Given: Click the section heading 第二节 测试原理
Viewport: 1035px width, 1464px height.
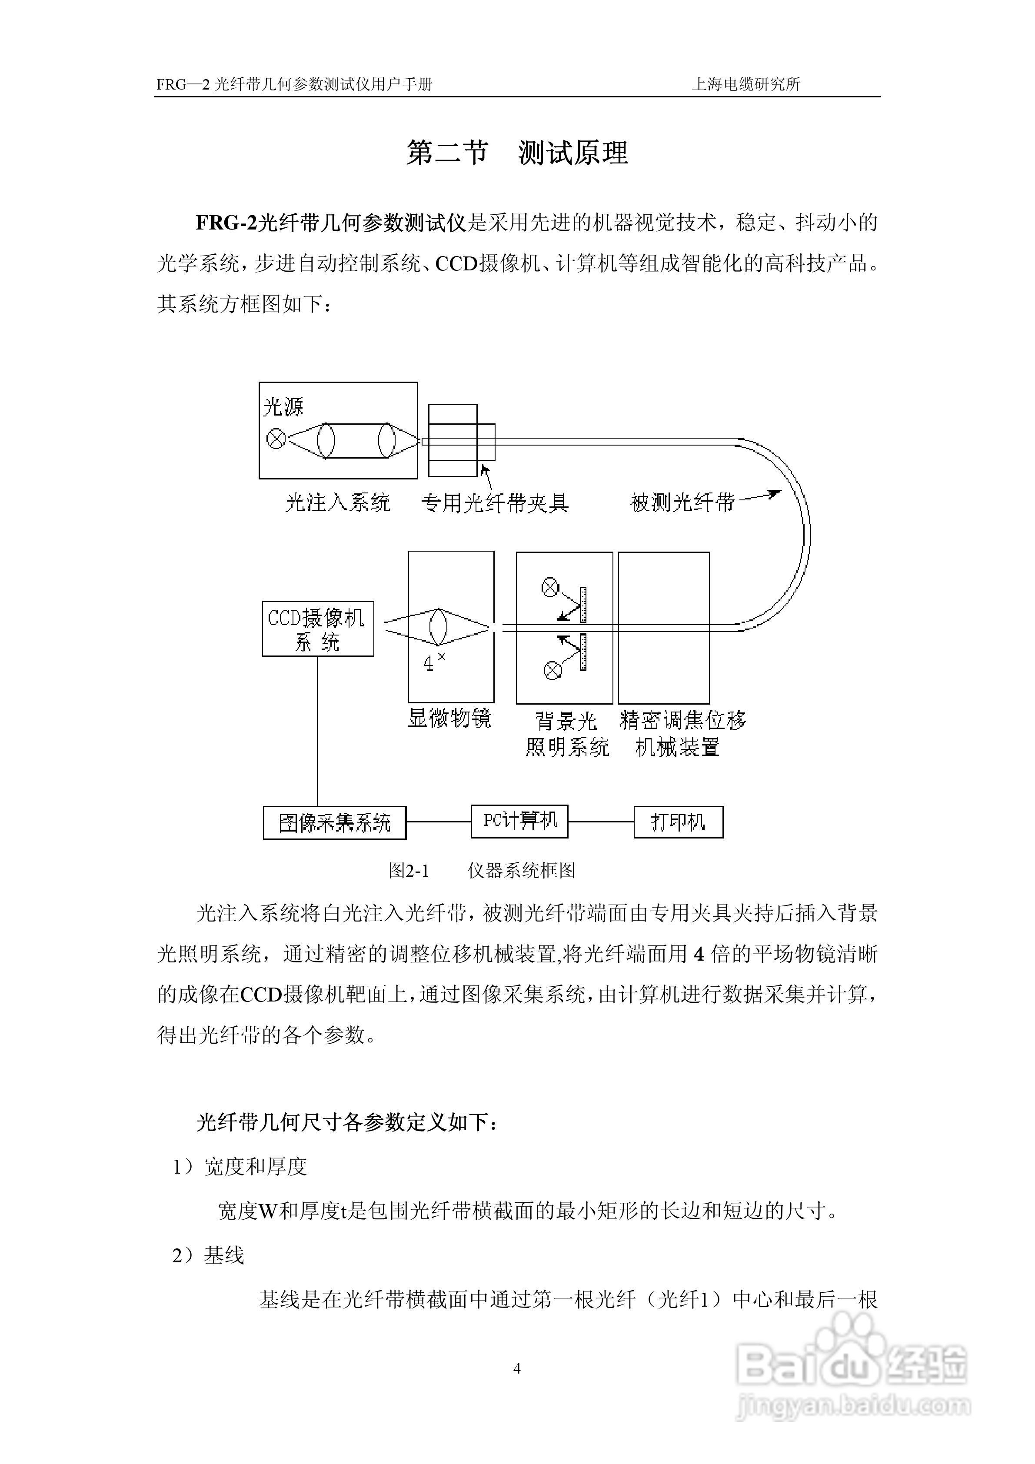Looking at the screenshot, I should click(x=517, y=153).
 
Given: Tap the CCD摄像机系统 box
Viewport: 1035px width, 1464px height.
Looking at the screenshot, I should click(x=318, y=629).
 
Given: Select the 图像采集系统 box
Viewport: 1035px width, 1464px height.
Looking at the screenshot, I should click(x=334, y=822).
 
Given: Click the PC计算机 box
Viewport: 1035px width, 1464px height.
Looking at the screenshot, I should click(x=519, y=821).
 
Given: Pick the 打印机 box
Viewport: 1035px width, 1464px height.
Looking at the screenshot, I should click(x=678, y=822).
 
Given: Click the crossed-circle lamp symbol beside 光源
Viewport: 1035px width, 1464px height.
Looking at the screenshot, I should click(x=276, y=439).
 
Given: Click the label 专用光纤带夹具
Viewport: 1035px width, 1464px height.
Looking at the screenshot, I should click(x=495, y=503).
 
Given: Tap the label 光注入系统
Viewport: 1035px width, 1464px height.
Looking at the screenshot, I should click(x=337, y=503).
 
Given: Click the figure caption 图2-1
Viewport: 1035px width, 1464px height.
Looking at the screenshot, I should click(x=409, y=870).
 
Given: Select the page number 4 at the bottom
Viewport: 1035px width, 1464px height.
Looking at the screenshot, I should click(x=517, y=1368).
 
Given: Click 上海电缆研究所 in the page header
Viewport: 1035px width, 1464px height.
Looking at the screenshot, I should click(x=745, y=84).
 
